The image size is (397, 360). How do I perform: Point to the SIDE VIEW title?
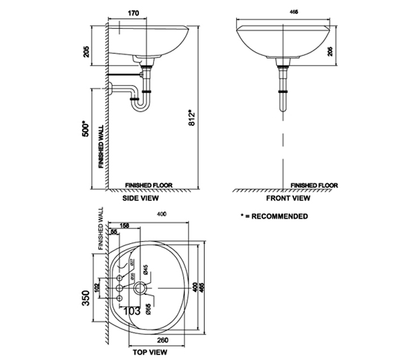[141, 199]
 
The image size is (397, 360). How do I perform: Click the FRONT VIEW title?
[288, 199]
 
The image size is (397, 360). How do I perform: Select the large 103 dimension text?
[132, 311]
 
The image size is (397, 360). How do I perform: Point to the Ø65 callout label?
[148, 309]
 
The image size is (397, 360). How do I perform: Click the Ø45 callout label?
[146, 270]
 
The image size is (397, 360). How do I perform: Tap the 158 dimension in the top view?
[125, 226]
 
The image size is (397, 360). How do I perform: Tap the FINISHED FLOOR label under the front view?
[314, 185]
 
